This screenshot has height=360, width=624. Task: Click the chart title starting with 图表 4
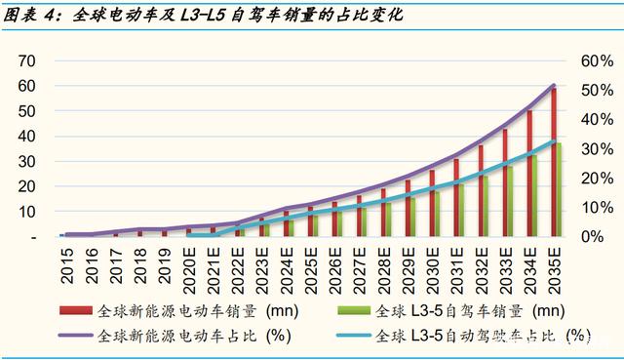click(x=203, y=16)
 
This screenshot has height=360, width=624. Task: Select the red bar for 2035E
click(x=553, y=163)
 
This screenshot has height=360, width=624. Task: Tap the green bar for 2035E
click(x=559, y=190)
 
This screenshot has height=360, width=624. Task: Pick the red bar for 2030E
click(x=432, y=204)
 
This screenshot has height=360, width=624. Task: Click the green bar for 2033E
click(x=510, y=202)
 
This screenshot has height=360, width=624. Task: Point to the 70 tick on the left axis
click(x=26, y=60)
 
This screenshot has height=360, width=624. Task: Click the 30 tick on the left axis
click(x=26, y=162)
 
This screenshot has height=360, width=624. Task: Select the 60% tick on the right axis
click(x=597, y=60)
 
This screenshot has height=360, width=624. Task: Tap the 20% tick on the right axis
click(x=597, y=179)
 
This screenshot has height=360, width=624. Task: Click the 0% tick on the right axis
click(x=593, y=236)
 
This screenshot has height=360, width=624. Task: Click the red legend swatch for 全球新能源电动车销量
click(x=76, y=310)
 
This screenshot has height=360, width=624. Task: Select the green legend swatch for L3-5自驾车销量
click(x=353, y=310)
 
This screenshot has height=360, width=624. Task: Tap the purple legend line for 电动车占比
click(x=76, y=336)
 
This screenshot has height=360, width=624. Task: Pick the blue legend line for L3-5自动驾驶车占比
click(x=353, y=336)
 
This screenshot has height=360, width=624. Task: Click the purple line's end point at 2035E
click(x=554, y=85)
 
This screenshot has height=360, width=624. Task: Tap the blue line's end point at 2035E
click(x=554, y=140)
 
